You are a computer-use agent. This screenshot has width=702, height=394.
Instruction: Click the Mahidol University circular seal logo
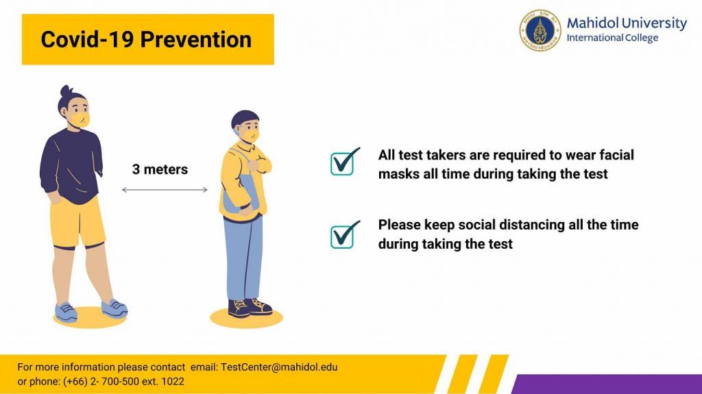coord(540,30)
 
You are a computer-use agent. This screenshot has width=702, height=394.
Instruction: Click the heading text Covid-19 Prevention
coord(146,40)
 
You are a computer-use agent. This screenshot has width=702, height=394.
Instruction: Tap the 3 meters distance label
coord(160,169)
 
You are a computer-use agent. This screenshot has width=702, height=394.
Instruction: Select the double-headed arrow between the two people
coord(165,190)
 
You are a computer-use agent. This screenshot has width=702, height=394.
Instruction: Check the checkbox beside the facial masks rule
coord(345,162)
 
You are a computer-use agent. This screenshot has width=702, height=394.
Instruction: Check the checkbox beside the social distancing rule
coord(345,234)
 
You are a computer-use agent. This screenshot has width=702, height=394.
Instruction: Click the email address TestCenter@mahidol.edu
coord(279,367)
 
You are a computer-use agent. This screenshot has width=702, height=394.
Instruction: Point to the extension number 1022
coord(172,382)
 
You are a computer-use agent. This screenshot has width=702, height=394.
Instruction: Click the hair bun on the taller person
coord(66,91)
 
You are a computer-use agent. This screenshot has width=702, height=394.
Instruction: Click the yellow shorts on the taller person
coord(77,223)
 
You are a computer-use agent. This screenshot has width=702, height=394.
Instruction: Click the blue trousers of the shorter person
coord(243,258)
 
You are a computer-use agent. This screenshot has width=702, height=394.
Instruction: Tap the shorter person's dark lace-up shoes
coord(250,308)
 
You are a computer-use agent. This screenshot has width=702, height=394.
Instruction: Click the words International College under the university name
coord(612,38)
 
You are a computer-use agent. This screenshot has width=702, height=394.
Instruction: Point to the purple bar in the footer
coord(607,384)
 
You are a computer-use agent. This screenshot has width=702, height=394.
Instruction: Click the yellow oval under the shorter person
coord(246,318)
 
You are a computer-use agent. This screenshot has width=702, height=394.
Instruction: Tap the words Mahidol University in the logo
coord(627,23)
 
